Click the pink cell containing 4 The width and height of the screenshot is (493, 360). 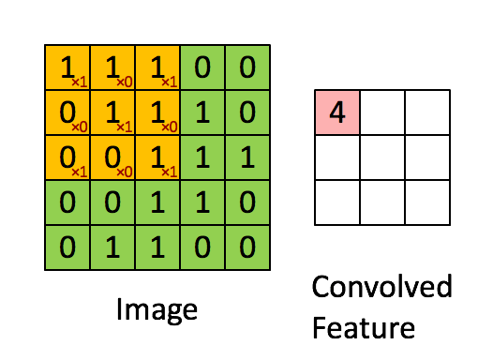point(337,113)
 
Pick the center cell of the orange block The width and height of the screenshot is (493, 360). point(112,112)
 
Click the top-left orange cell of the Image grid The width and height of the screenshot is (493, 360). point(67,67)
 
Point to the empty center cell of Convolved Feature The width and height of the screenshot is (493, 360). point(383,158)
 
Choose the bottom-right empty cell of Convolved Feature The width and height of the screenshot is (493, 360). point(428,202)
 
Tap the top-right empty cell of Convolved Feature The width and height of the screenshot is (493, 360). point(428,113)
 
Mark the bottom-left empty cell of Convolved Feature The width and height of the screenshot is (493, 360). point(337,202)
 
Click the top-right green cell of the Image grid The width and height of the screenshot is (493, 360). point(248,67)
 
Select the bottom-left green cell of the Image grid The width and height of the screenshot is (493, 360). point(67,248)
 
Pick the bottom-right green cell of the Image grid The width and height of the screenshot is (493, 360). point(248,248)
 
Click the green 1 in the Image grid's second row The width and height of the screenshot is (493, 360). point(203,112)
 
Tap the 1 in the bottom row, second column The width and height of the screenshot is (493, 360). point(112,248)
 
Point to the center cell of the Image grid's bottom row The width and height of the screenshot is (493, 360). point(157,248)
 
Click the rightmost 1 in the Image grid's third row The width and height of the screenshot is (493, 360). point(248,157)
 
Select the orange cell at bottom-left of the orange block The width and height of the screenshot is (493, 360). point(67,157)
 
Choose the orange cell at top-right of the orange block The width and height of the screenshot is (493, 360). point(157,67)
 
